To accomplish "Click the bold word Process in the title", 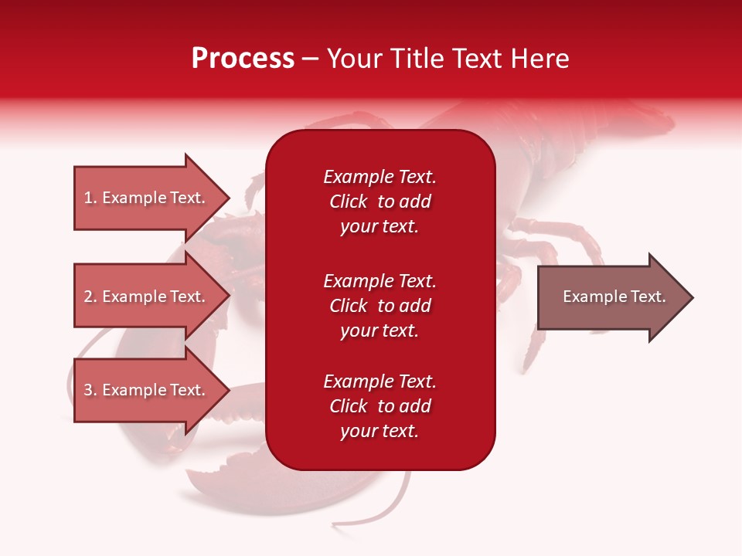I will [x=243, y=59].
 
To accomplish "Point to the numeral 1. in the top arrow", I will [x=90, y=198].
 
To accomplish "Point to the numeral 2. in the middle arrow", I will [x=90, y=297].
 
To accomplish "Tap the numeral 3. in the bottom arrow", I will [x=90, y=390].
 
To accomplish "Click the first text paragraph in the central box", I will [x=380, y=202].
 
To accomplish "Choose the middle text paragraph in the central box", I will [x=380, y=306].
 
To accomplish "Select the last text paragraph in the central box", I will [x=380, y=406].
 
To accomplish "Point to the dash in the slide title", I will [x=311, y=59].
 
